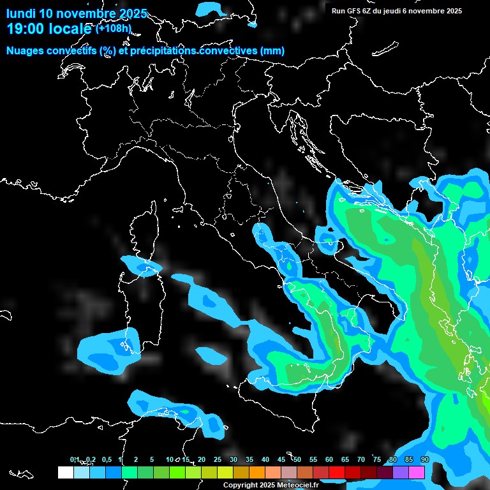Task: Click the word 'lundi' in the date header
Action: click(21, 13)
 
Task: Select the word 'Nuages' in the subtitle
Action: click(26, 50)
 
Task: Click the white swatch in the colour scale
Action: click(65, 472)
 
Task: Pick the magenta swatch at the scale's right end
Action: click(417, 472)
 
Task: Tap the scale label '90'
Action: click(425, 459)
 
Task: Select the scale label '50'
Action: click(297, 459)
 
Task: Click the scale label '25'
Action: click(218, 459)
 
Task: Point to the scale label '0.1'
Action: click(75, 459)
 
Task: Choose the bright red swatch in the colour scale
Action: click(337, 472)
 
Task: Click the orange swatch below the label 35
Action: click(257, 472)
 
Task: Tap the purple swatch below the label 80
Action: click(401, 472)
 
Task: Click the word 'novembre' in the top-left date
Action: click(86, 13)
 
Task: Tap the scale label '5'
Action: click(152, 459)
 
